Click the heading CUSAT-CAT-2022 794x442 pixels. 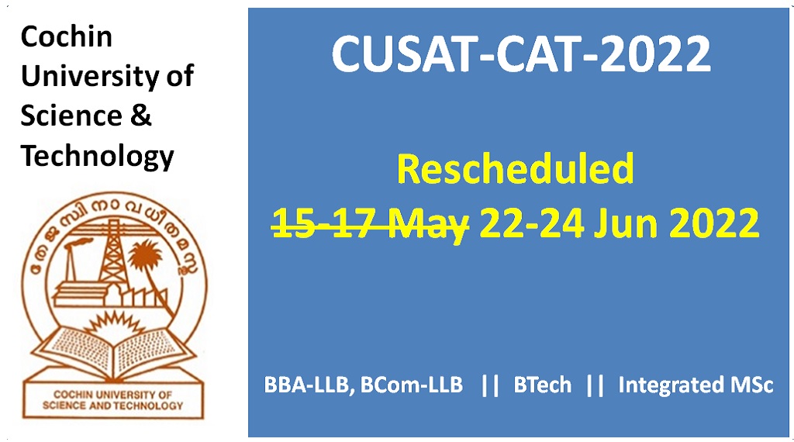pos(521,55)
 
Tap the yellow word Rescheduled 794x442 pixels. pos(516,170)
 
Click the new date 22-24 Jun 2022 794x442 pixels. pos(619,224)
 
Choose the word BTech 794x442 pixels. pos(543,385)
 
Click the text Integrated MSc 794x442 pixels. pos(696,385)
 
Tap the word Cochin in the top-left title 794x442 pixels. pos(66,36)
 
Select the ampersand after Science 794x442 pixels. pos(140,116)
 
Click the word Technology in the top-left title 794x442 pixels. pos(97,157)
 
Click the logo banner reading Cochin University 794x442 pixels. pos(112,400)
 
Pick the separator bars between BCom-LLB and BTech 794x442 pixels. pos(488,385)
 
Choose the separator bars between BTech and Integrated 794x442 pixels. pos(595,385)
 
